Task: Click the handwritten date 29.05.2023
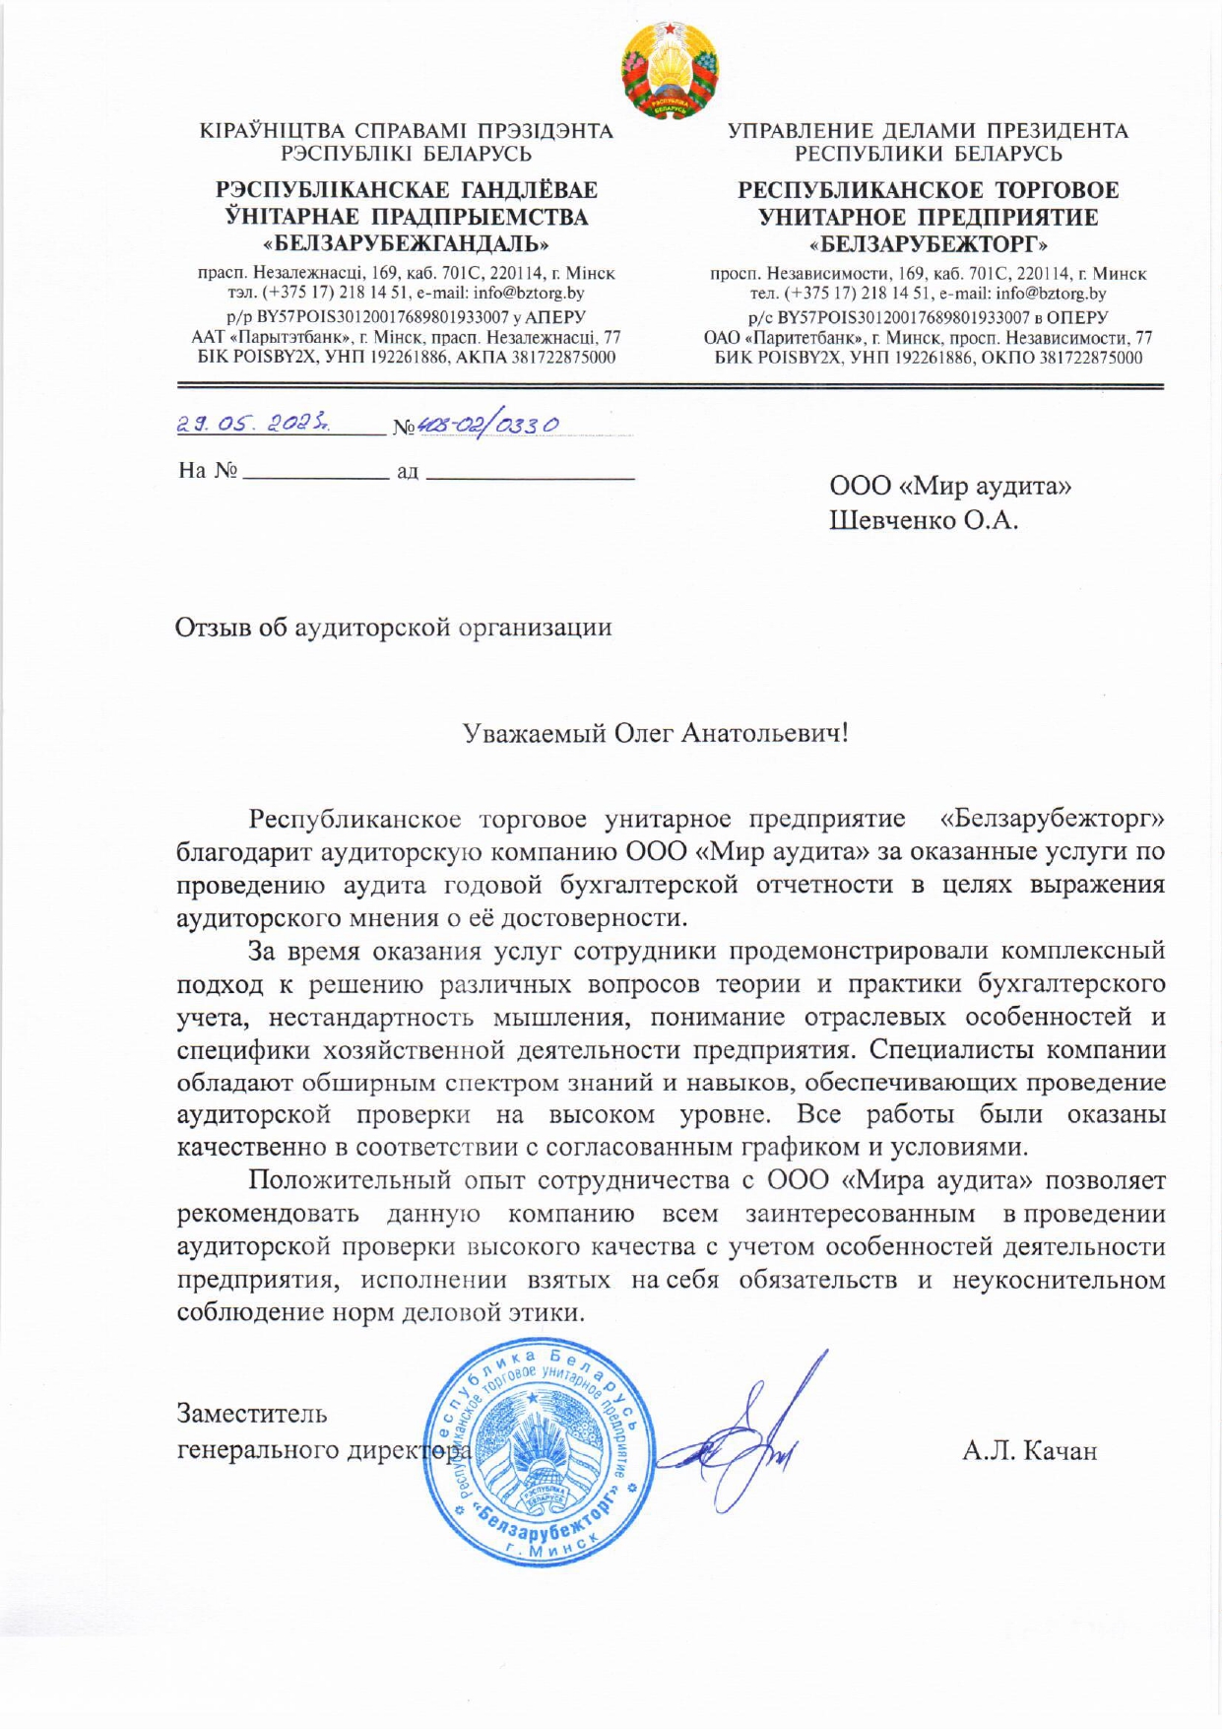253,425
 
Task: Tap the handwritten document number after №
488,425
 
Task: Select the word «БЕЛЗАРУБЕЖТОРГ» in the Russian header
929,243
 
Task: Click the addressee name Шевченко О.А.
923,520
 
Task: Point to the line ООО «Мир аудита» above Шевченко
950,486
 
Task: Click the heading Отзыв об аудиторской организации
393,628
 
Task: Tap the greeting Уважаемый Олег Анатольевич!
655,733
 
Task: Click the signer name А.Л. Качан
1029,1451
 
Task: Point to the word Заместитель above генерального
252,1413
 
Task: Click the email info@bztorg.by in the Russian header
1051,294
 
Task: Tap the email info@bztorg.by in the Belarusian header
529,294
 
